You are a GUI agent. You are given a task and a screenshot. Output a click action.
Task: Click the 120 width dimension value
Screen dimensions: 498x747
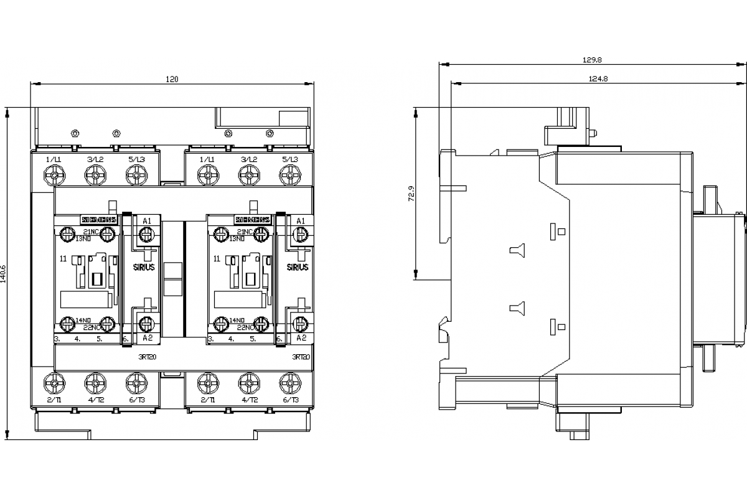172,79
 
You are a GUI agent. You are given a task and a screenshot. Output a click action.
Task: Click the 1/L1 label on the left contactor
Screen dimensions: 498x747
55,160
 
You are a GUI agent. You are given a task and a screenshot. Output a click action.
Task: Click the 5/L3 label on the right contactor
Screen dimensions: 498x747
289,160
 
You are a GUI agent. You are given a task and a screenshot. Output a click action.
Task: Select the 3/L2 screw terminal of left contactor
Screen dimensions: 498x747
95,177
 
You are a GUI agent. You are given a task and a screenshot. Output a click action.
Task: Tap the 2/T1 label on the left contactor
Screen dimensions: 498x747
55,400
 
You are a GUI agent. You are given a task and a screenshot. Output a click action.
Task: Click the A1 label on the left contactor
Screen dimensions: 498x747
147,221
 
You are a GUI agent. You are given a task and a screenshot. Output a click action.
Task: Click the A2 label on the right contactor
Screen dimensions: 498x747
300,337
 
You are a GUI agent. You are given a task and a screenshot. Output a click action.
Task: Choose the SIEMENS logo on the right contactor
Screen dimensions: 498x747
252,220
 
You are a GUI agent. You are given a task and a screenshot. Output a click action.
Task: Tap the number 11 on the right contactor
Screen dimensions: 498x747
216,257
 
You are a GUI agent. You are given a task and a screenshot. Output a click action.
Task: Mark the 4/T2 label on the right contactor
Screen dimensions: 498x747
249,400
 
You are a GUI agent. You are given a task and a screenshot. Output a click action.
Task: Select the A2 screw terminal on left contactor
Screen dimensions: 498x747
147,323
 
